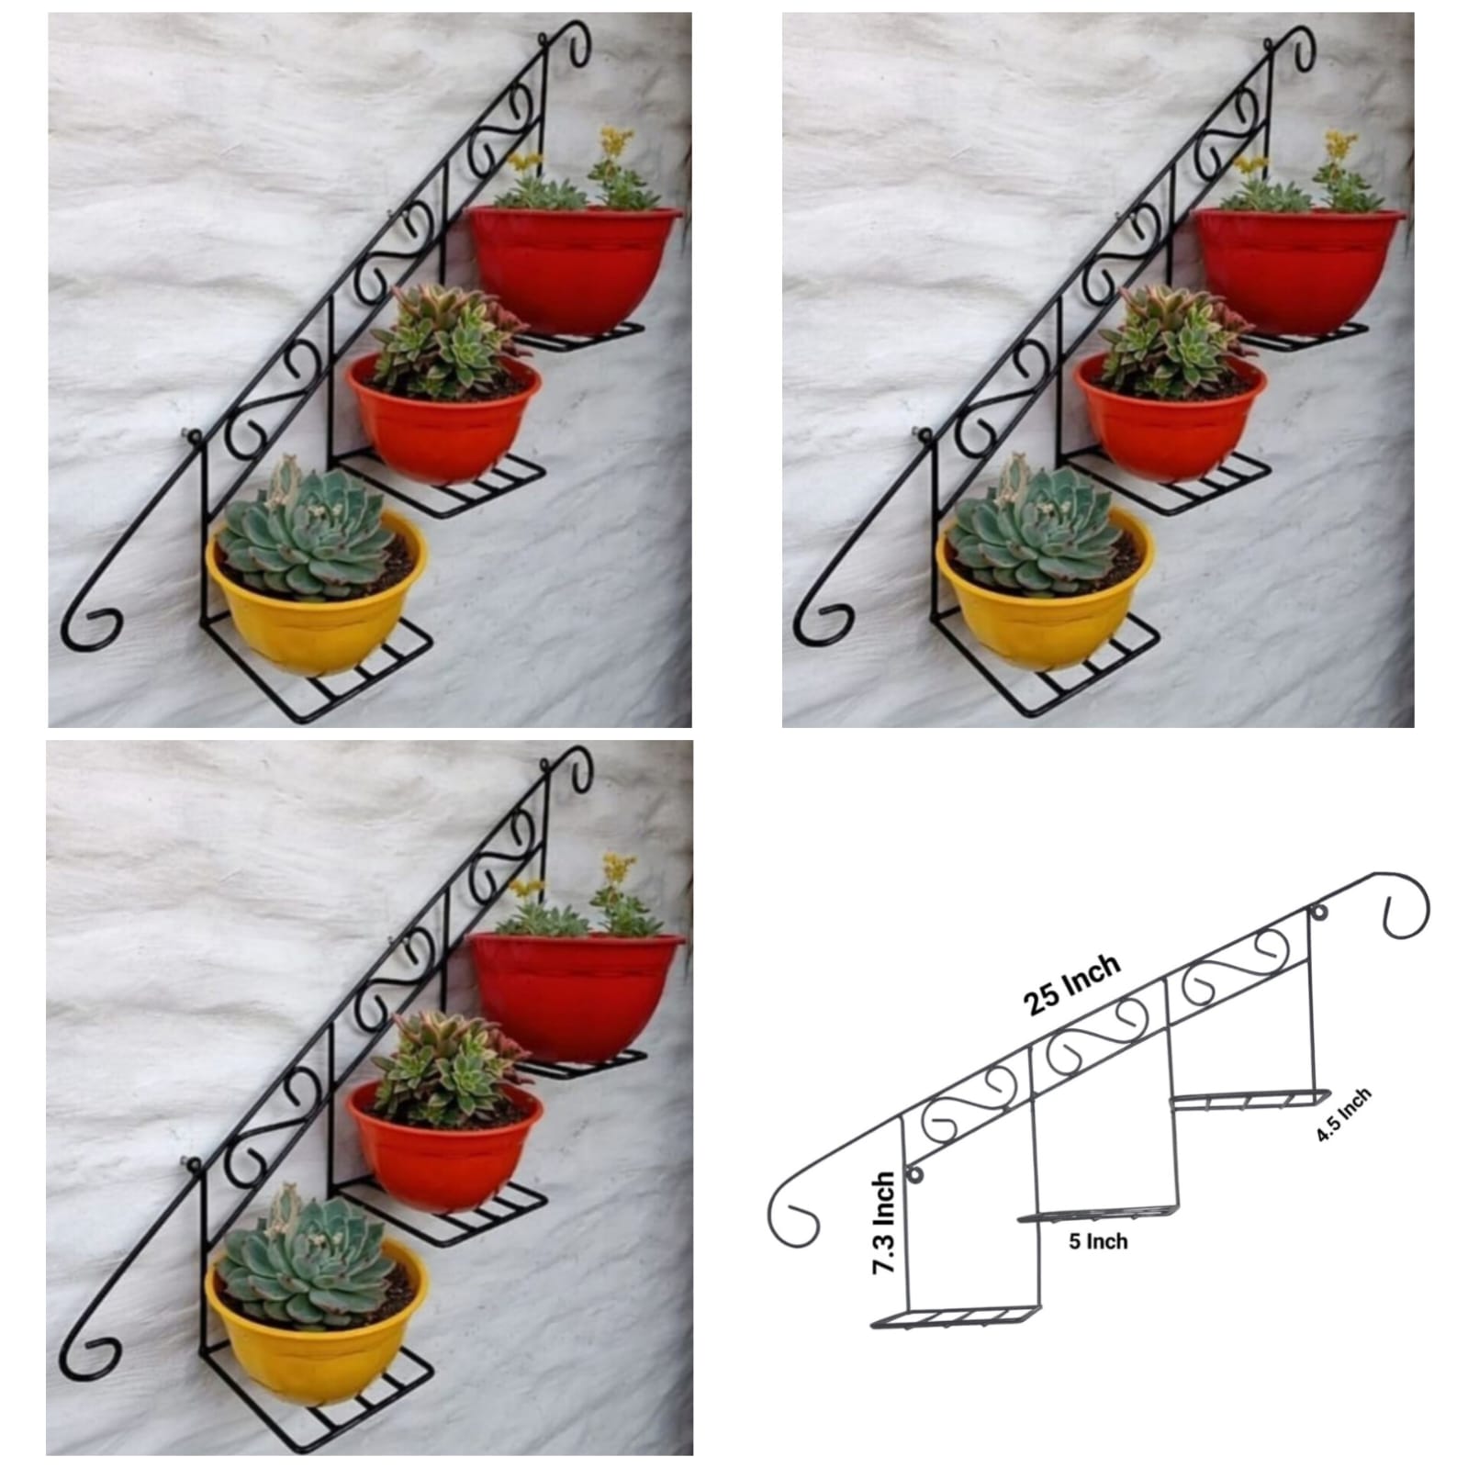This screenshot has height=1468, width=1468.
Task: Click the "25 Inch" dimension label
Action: (x=1073, y=982)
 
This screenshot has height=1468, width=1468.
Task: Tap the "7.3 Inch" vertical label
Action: (x=884, y=1222)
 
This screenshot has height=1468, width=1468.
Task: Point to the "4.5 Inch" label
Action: (x=1343, y=1115)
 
